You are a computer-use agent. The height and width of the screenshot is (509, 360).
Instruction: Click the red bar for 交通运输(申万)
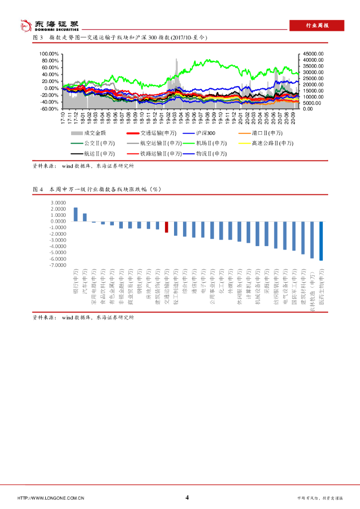click(167, 227)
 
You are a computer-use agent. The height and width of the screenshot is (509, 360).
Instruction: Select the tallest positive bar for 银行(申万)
click(76, 214)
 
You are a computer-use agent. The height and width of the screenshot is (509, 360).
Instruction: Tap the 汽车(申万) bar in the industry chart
click(85, 217)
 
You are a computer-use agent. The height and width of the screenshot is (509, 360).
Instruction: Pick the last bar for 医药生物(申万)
click(321, 241)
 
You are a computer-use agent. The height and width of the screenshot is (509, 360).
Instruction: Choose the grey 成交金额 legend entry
click(89, 133)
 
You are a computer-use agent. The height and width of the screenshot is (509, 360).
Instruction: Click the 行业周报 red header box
click(317, 26)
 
